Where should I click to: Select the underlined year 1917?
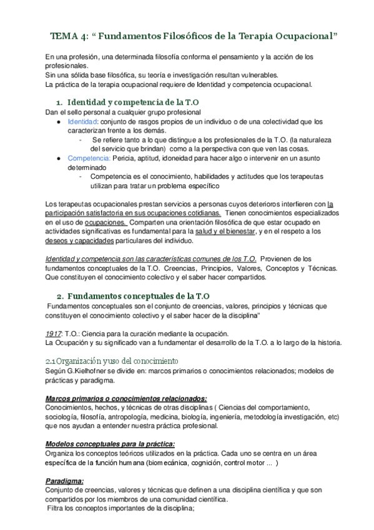pyautogui.click(x=54, y=333)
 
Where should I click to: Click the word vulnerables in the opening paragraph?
pyautogui.click(x=229, y=74)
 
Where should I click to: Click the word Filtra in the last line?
pyautogui.click(x=58, y=508)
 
